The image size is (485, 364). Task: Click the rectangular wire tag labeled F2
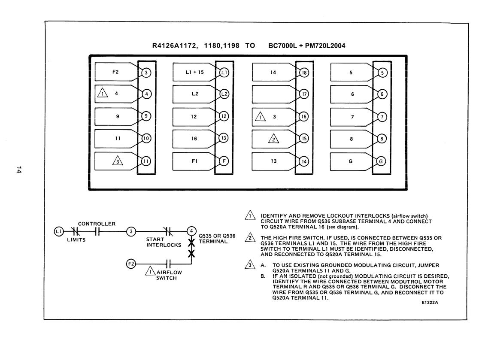(116, 72)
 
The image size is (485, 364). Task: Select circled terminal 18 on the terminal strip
(304, 73)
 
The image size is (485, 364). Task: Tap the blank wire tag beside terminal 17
(273, 94)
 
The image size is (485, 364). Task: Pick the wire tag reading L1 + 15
(194, 72)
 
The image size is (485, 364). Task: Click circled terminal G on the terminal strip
(381, 161)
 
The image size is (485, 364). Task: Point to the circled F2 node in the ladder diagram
(131, 264)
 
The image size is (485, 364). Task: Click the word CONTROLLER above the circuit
(97, 224)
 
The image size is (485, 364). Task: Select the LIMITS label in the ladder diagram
(76, 240)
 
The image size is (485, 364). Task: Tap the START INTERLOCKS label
(164, 242)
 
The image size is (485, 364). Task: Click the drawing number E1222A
(430, 303)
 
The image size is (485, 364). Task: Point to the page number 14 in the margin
(19, 170)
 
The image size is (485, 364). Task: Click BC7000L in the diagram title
(282, 46)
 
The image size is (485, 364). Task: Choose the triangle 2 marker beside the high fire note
(250, 237)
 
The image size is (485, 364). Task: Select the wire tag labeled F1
(194, 161)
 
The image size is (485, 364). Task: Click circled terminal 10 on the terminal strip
(146, 138)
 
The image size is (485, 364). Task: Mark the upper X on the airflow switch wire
(191, 243)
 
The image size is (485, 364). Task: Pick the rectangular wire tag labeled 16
(194, 139)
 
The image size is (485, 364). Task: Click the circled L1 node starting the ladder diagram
(59, 231)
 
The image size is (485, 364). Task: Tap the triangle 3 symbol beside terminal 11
(118, 161)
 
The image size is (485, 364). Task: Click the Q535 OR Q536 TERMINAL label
(217, 238)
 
